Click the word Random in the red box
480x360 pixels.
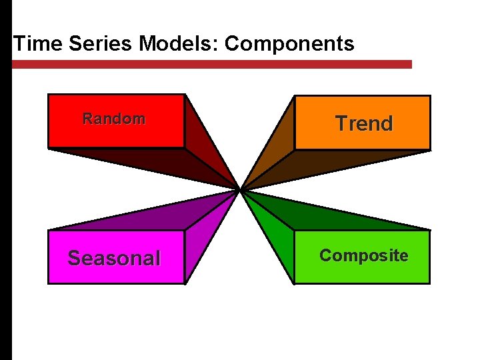[113, 119]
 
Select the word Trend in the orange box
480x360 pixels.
[364, 123]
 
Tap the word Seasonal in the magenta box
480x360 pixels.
[114, 258]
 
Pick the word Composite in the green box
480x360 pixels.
[363, 255]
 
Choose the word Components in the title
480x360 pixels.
[289, 44]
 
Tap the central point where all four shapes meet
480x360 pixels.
[239, 190]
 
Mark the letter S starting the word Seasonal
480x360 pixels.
[75, 258]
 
